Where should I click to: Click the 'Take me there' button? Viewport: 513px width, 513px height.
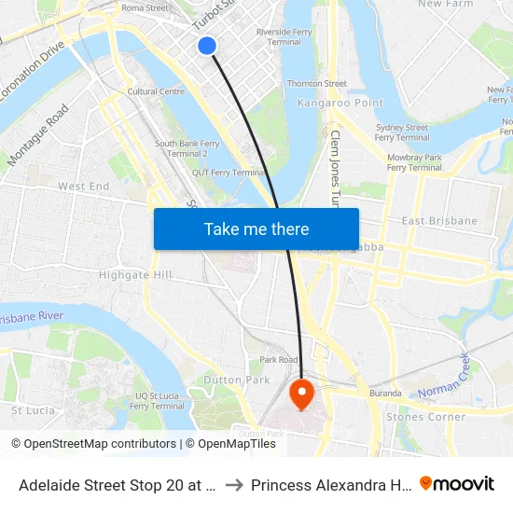click(256, 229)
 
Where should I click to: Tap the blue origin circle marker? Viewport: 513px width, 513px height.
click(207, 45)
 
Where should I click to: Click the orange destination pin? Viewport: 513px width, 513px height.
click(301, 393)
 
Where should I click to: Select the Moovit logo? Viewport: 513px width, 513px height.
click(457, 483)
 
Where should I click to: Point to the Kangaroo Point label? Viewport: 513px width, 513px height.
click(327, 103)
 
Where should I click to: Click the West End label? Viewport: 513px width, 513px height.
click(84, 187)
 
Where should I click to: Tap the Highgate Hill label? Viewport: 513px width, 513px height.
click(135, 275)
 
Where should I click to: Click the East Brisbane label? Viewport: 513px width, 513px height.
click(438, 221)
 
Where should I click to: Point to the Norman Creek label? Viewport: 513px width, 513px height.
click(445, 383)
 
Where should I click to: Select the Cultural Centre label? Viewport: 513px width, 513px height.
click(156, 91)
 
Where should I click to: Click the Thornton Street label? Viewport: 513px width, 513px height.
click(317, 84)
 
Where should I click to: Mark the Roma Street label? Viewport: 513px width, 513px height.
click(145, 7)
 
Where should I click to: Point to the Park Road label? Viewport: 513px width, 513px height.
click(279, 359)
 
